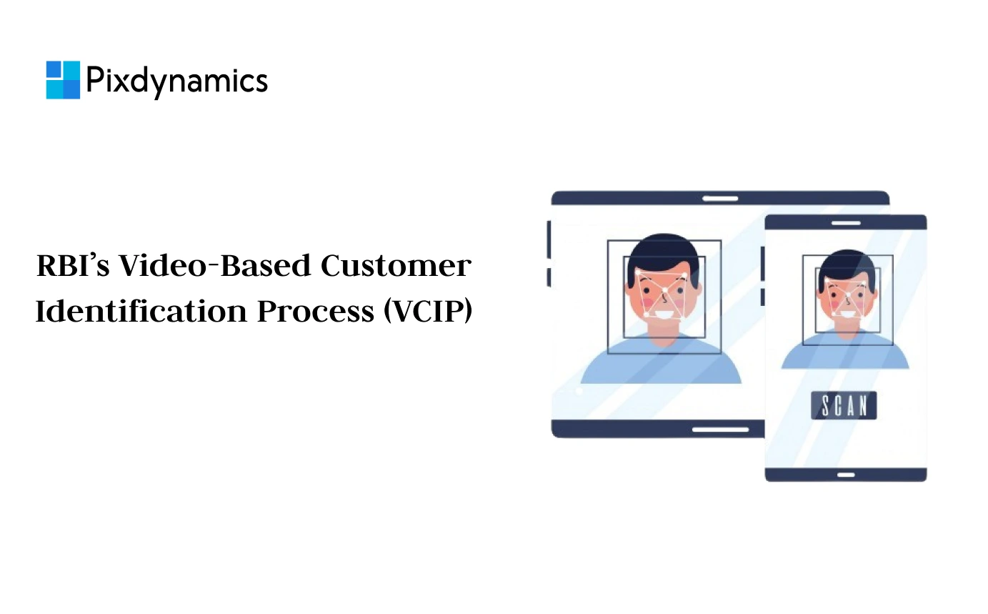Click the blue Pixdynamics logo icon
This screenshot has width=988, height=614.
63,79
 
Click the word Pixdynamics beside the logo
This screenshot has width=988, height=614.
176,80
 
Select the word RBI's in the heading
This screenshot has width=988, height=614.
72,267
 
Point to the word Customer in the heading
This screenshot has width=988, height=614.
395,267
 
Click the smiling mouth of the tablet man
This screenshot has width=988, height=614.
664,313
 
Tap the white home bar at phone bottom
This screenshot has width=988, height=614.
846,475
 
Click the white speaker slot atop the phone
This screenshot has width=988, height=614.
846,223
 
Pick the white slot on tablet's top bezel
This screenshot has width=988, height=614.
720,198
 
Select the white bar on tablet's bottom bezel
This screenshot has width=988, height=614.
720,430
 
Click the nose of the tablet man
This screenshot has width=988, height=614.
664,294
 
